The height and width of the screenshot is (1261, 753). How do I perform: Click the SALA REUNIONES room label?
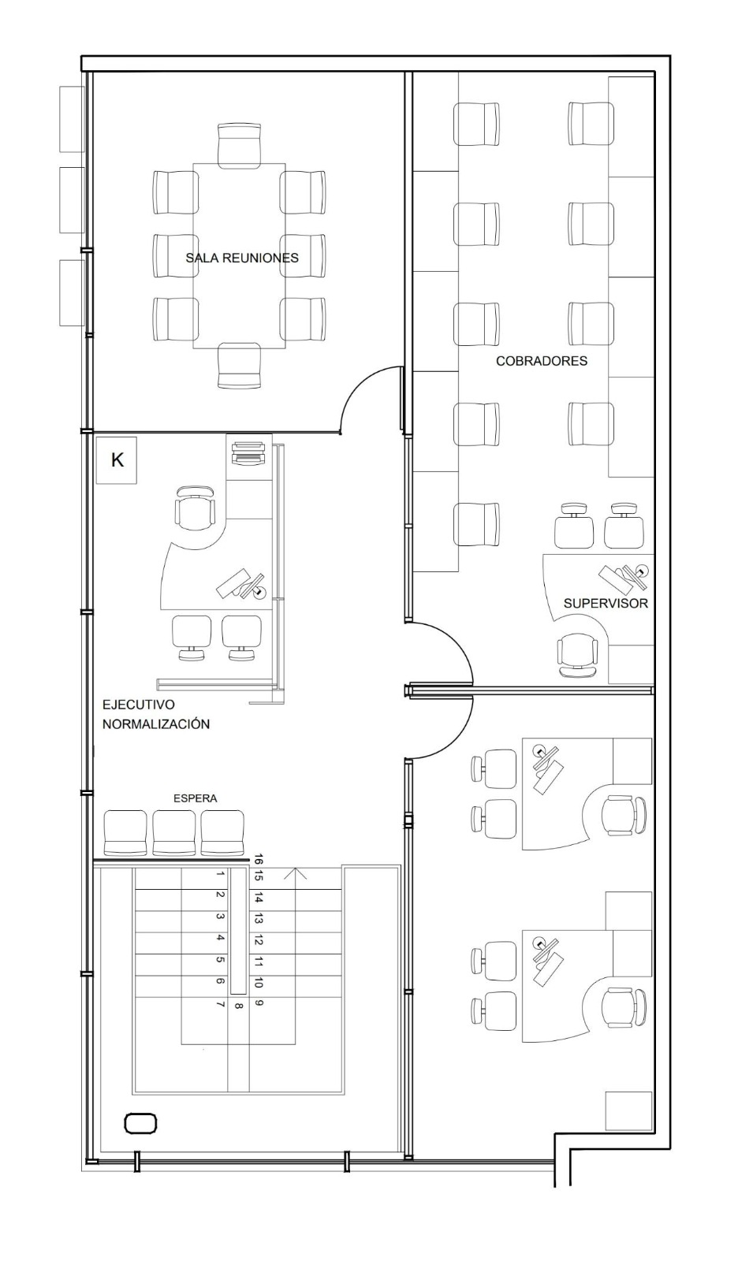242,259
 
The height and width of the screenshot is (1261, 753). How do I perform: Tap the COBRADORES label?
542,361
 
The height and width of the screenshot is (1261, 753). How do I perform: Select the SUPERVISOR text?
606,604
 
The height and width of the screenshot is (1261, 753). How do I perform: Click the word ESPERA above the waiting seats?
195,798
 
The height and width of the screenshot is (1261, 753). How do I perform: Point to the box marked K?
117,460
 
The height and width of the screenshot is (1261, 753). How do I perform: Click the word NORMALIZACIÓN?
156,724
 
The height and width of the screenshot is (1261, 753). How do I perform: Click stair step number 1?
220,874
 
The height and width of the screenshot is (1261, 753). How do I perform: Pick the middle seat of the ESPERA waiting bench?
174,833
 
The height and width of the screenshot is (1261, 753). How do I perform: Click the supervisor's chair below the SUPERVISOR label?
577,654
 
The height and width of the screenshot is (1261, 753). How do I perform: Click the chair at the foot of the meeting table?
240,366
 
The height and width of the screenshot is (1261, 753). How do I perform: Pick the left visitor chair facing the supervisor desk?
574,526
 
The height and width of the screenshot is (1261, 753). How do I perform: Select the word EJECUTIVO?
139,705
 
